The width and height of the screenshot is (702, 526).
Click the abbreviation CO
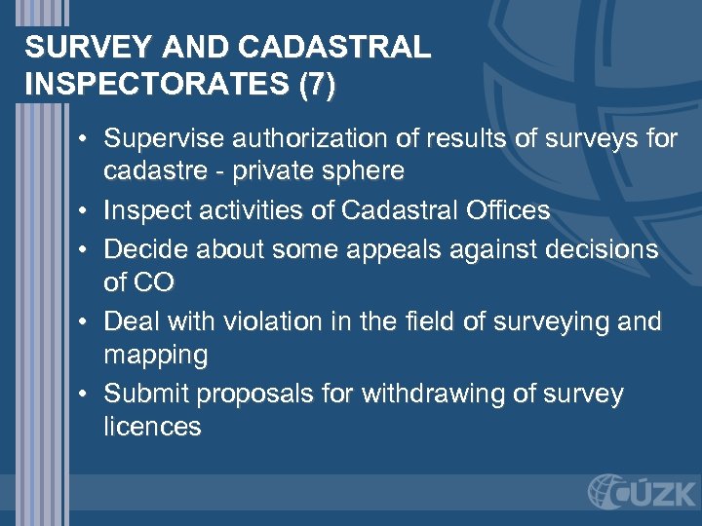pyautogui.click(x=154, y=282)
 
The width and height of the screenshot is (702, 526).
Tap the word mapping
pyautogui.click(x=155, y=355)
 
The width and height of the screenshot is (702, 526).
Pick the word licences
pyautogui.click(x=152, y=427)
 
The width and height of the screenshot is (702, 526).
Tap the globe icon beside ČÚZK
pyautogui.click(x=606, y=491)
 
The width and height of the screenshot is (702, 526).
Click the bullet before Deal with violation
pyautogui.click(x=87, y=320)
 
